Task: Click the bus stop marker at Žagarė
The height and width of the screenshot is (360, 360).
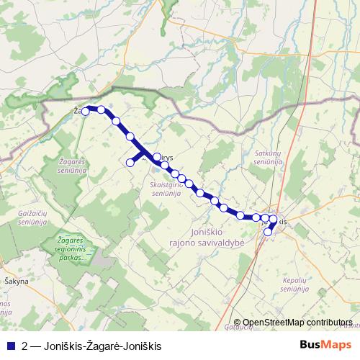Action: tap(86, 111)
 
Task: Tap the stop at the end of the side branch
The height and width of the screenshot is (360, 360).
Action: tap(130, 163)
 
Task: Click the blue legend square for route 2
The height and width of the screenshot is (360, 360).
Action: tap(9, 345)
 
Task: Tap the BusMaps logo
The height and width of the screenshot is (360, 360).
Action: tap(325, 344)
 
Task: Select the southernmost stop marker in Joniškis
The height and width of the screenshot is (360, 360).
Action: tap(268, 232)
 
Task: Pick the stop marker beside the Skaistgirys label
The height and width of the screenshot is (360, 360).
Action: tap(157, 156)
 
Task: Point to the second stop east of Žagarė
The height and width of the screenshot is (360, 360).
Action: tap(116, 121)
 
